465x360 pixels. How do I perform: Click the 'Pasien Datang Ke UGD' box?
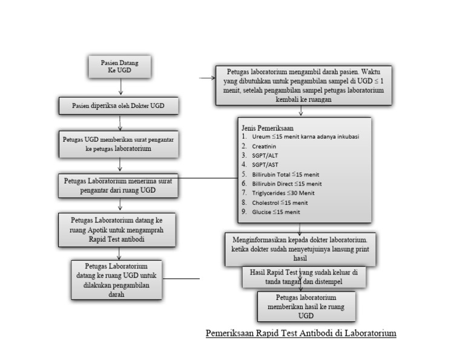pyautogui.click(x=119, y=66)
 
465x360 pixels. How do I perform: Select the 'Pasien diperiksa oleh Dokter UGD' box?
pyautogui.click(x=119, y=106)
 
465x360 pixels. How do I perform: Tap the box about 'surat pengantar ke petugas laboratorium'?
pyautogui.click(x=119, y=143)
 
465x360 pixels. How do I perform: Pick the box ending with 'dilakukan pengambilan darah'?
pyautogui.click(x=116, y=279)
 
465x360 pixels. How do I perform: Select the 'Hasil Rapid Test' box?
pyautogui.click(x=305, y=276)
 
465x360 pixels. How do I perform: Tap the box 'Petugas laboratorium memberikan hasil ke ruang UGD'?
pyautogui.click(x=306, y=307)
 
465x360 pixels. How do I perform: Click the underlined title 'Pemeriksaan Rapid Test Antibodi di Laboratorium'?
pyautogui.click(x=301, y=333)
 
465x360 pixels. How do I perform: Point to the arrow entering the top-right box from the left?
pyautogui.click(x=207, y=78)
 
